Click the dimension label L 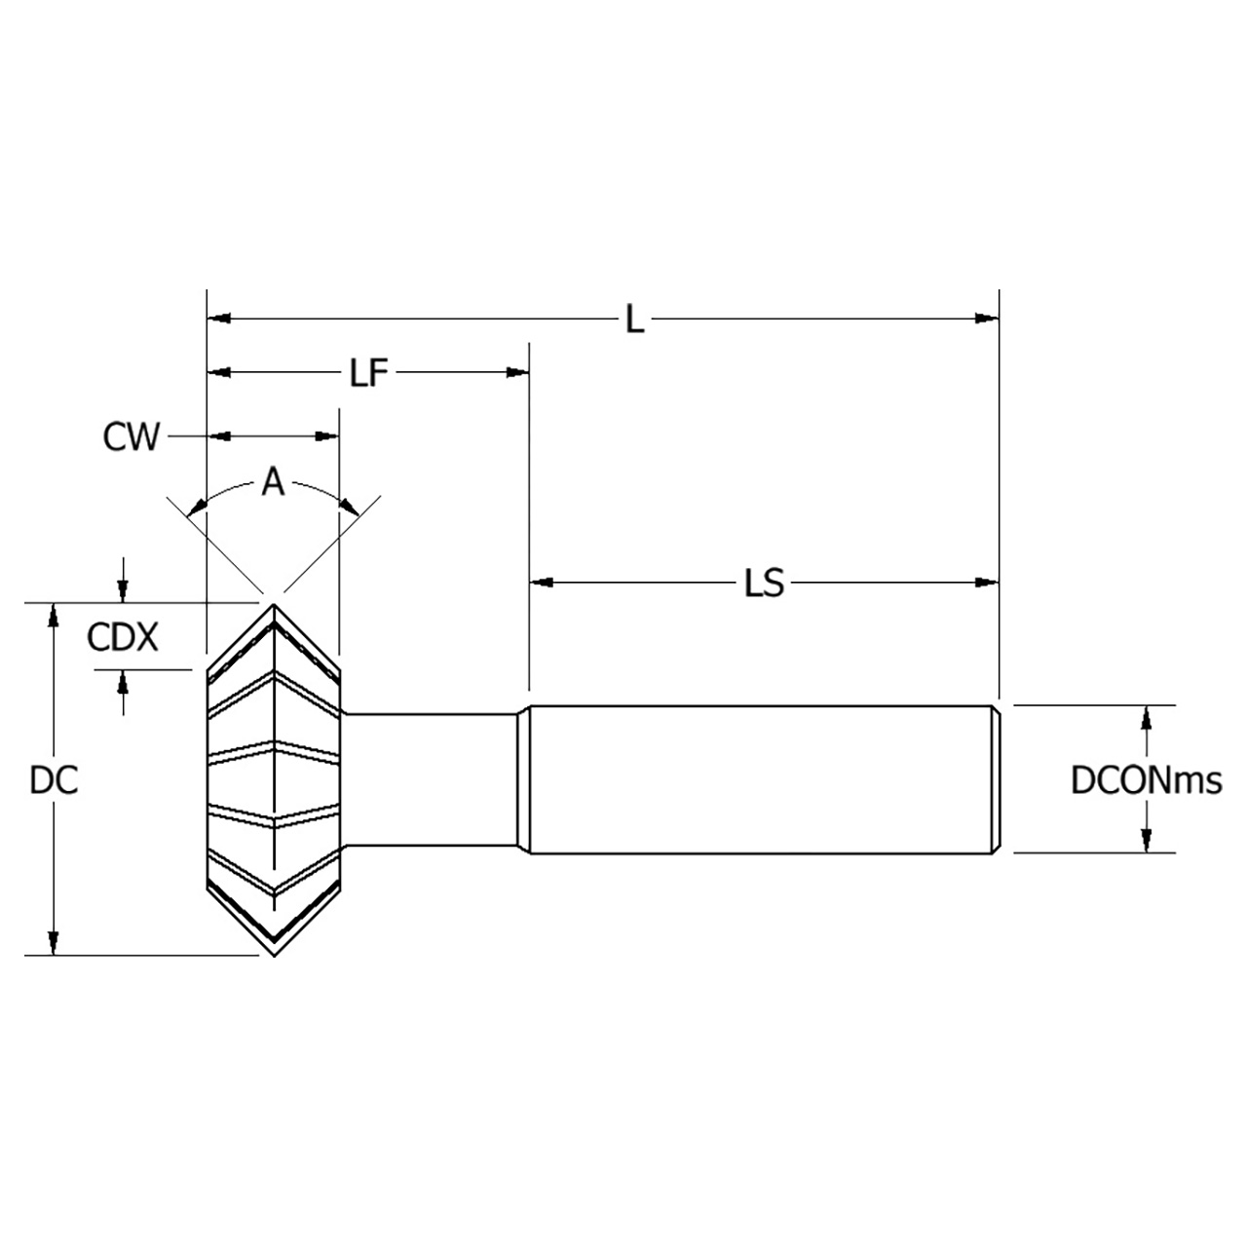coord(634,320)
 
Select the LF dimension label coord(369,372)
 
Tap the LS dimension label coord(764,584)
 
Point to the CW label coord(131,437)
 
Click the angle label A coord(273,482)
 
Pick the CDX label coord(122,638)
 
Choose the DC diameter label coord(54,780)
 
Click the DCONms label coord(1146,780)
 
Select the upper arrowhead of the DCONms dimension coord(1147,716)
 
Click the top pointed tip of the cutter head coord(274,605)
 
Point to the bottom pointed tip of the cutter coord(274,954)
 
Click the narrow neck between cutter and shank coord(429,780)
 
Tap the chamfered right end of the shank coord(996,779)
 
